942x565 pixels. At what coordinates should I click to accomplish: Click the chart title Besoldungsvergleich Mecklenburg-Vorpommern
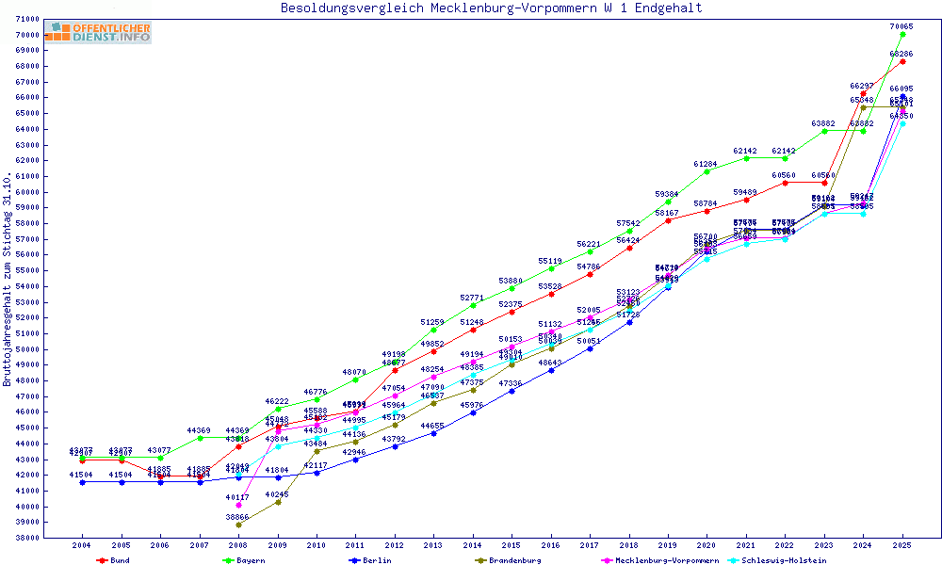tap(491, 8)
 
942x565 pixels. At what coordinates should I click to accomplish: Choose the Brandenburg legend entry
tap(514, 560)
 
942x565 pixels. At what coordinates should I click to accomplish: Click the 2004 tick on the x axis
tap(83, 545)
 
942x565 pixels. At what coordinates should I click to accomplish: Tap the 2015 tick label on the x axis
tap(512, 545)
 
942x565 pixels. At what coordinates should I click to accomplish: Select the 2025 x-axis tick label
tap(902, 545)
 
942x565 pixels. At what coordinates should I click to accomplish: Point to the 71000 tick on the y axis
tap(26, 19)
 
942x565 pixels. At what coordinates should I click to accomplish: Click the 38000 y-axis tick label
tap(26, 538)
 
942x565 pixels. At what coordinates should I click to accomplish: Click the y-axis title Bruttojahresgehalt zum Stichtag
tap(8, 280)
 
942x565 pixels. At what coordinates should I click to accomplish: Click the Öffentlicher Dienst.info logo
tap(98, 33)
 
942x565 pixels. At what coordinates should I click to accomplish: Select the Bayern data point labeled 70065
tap(902, 34)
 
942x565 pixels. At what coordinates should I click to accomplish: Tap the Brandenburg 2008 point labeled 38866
tap(239, 525)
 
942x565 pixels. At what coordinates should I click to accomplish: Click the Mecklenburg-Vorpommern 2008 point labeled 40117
tap(239, 505)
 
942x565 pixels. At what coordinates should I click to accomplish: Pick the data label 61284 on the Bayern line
tap(706, 164)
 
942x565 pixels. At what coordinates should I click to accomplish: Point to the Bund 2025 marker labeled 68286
tap(902, 62)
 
